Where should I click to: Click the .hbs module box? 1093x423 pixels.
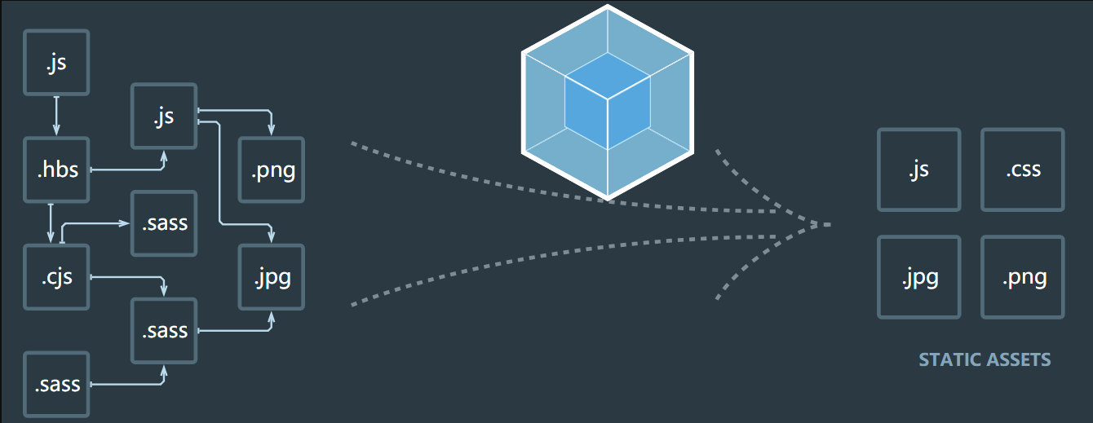tap(56, 170)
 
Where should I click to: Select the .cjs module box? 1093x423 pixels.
tap(56, 277)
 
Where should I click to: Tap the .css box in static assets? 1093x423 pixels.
tap(1023, 170)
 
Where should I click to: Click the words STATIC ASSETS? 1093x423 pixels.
tap(985, 359)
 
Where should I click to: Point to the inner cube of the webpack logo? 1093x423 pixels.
tap(608, 100)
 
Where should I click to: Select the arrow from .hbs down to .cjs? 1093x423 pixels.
tap(51, 223)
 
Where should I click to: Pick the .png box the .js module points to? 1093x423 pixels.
tap(271, 170)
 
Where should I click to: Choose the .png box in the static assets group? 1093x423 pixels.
tap(1023, 277)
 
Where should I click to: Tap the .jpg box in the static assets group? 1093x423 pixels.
tap(919, 277)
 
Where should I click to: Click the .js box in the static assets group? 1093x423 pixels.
tap(919, 170)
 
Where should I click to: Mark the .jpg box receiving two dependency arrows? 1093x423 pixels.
tap(271, 277)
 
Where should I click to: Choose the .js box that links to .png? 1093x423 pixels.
tap(164, 117)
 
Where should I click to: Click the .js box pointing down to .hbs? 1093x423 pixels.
tap(56, 63)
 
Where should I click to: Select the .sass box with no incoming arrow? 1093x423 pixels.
tap(56, 384)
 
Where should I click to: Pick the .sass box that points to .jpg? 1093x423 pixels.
tap(164, 331)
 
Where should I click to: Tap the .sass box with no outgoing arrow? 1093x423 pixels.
tap(164, 223)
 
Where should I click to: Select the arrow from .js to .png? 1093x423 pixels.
tap(245, 110)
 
